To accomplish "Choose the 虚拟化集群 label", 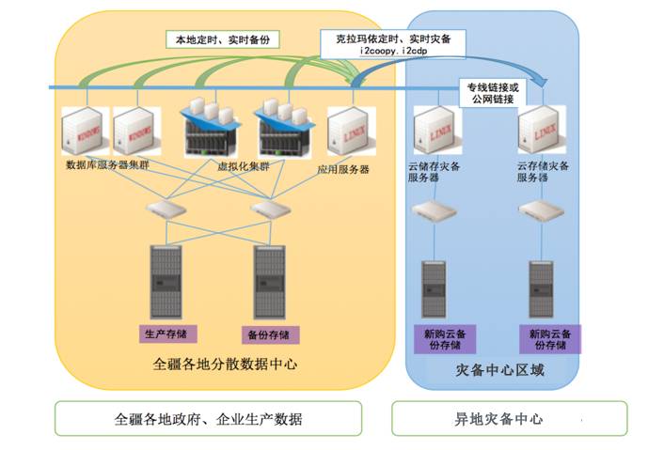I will pos(243,166).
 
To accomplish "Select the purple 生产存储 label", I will pos(166,334).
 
